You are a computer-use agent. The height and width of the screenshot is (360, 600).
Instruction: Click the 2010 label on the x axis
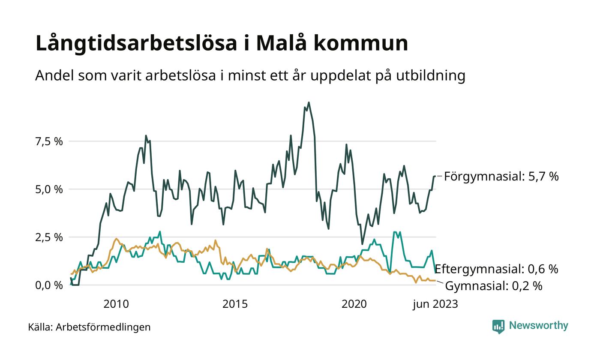point(116,304)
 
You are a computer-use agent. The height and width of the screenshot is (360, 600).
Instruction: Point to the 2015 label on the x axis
point(235,304)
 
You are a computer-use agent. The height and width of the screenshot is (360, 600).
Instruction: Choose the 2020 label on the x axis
point(354,304)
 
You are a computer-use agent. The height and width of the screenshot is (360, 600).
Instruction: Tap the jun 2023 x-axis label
point(435,304)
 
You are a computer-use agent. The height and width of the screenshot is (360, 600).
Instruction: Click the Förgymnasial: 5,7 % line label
point(501,176)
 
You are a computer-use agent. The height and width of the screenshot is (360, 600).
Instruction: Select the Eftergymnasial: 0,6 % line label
point(496,269)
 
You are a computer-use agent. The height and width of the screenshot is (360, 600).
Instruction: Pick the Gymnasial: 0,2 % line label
point(494,286)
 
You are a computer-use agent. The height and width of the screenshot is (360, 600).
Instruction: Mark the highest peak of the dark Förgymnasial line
point(309,102)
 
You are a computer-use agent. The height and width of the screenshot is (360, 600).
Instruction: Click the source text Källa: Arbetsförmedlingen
point(90,327)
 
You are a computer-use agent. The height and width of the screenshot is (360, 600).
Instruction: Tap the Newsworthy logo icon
point(498,327)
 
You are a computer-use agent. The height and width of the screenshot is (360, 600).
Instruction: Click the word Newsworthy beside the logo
point(538,326)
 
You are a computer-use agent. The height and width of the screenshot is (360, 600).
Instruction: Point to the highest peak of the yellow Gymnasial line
point(117,239)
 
